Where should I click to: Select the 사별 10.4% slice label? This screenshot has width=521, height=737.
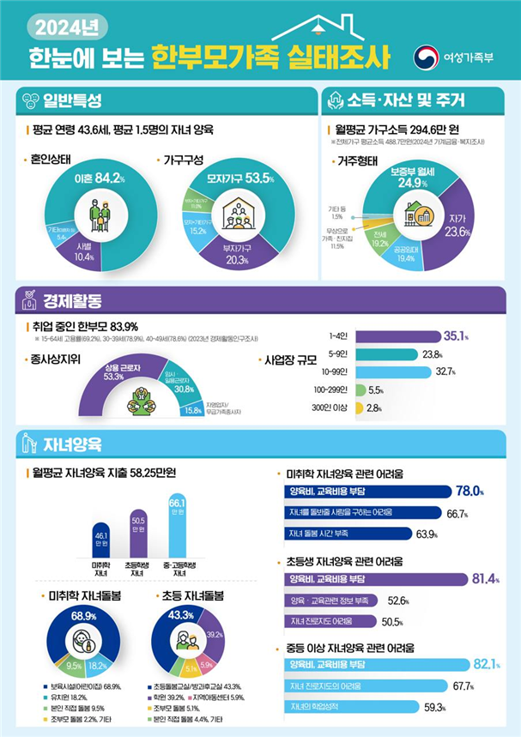[85, 251]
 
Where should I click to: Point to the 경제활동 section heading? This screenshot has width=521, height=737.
[71, 301]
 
